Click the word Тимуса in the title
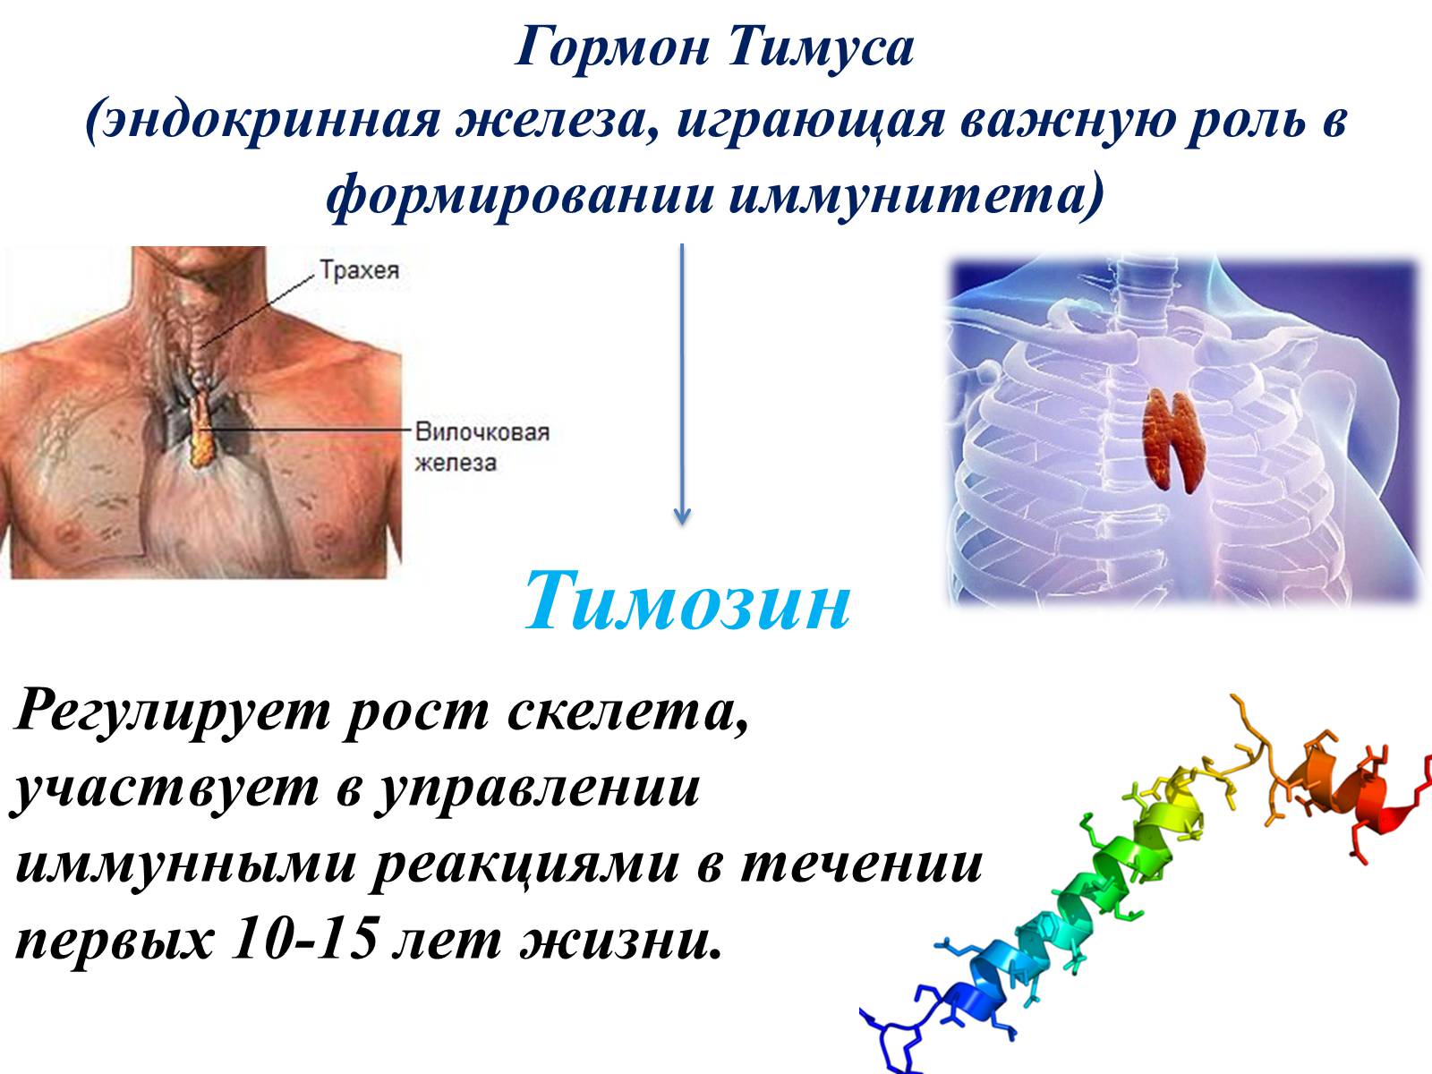pyautogui.click(x=821, y=49)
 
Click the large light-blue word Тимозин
pyautogui.click(x=687, y=601)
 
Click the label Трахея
pyautogui.click(x=360, y=270)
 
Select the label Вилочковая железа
pyautogui.click(x=482, y=447)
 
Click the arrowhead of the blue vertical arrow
pyautogui.click(x=682, y=516)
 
